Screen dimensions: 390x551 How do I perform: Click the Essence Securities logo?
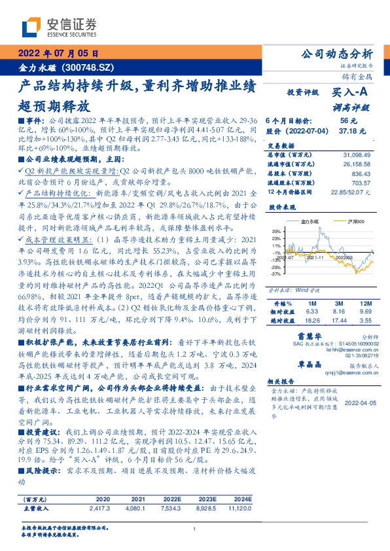point(50,27)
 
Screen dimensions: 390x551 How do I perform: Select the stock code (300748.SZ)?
point(83,67)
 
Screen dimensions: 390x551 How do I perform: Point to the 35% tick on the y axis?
point(276,231)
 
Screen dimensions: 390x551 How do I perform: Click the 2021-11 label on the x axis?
point(317,258)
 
